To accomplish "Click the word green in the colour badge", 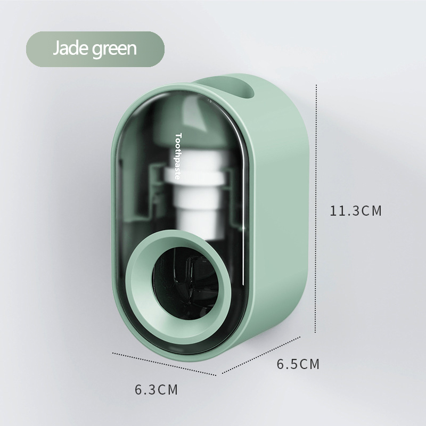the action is [x=114, y=50].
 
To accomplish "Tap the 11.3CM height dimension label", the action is [x=356, y=211].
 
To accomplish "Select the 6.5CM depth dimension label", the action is [x=298, y=364].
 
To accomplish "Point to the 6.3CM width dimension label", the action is [x=156, y=390].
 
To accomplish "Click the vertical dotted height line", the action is [x=316, y=209].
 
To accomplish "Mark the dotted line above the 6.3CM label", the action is [x=165, y=364].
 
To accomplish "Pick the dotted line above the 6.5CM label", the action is [x=261, y=355].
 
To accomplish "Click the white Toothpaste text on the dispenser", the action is [x=178, y=156].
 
